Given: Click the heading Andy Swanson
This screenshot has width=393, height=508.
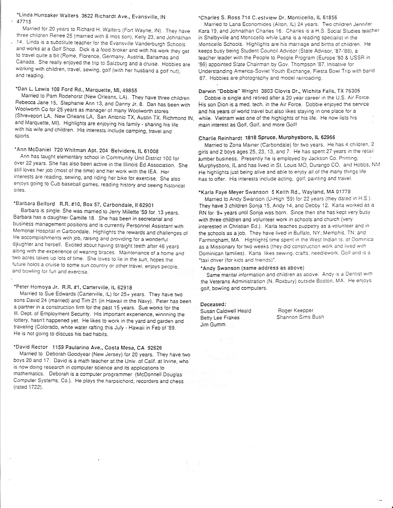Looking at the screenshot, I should click(x=219, y=268).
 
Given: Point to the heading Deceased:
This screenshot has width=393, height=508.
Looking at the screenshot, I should click(x=213, y=304).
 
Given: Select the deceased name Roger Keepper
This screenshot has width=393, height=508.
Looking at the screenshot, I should click(x=295, y=311).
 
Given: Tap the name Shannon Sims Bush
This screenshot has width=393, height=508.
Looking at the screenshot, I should click(x=300, y=317).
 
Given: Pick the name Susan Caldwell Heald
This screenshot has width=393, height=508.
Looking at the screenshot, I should click(x=225, y=311).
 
